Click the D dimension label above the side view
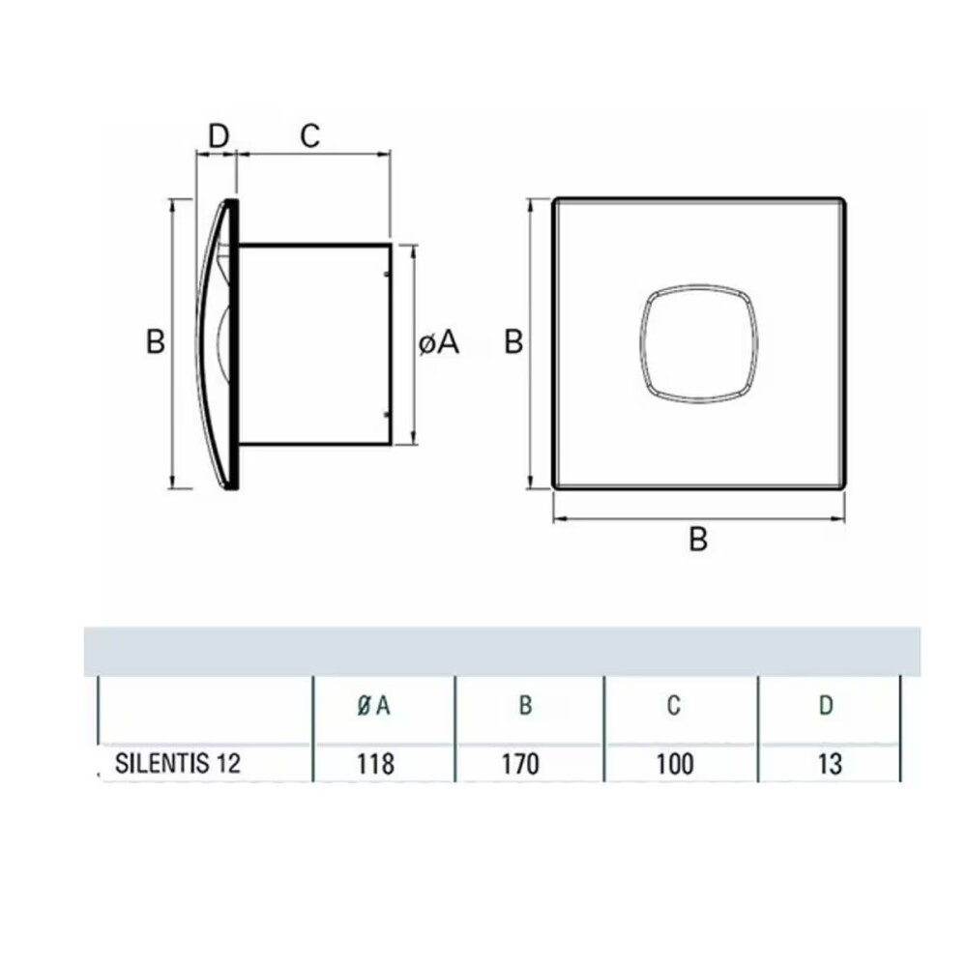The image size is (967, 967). [219, 136]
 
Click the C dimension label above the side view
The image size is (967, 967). [308, 136]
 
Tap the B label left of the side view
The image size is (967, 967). [156, 342]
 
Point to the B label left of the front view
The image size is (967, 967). [514, 342]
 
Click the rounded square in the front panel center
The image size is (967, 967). [698, 342]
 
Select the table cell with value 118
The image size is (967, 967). [375, 764]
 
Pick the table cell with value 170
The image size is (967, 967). [525, 764]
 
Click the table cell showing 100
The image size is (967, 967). [674, 764]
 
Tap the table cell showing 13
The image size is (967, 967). [829, 764]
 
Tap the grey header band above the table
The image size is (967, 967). [503, 651]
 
